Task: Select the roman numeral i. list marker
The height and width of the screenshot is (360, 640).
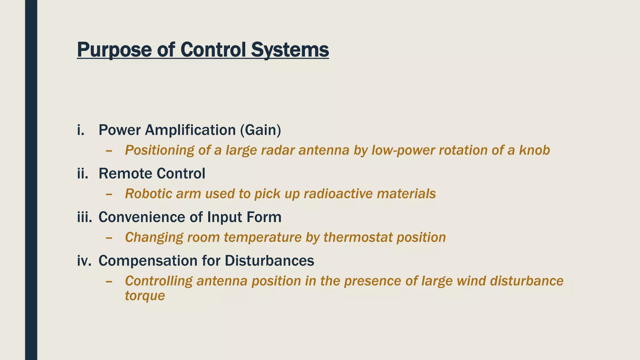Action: click(81, 130)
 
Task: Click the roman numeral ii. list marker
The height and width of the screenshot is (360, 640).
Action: click(82, 173)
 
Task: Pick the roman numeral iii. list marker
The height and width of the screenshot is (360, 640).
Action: click(84, 217)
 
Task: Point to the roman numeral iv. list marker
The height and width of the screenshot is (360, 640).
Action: click(84, 261)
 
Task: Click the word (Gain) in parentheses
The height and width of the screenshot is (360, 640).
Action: click(261, 130)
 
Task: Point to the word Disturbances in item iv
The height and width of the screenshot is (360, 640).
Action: click(269, 261)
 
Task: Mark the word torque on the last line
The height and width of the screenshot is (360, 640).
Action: click(145, 296)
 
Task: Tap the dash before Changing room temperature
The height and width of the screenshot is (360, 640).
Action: click(109, 238)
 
